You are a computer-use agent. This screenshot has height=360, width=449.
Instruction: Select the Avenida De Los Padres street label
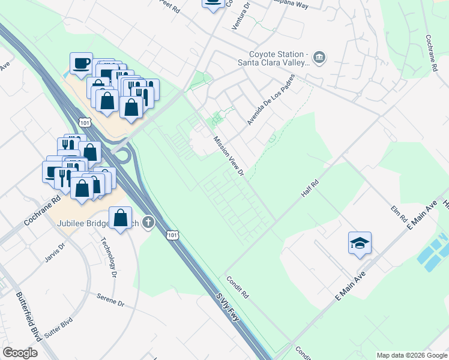271,100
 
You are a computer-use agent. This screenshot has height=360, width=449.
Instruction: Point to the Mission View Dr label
228,155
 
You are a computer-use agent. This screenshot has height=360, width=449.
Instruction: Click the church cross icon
148,223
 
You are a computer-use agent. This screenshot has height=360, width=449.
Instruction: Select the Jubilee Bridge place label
90,224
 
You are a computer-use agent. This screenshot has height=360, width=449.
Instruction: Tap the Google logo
20,353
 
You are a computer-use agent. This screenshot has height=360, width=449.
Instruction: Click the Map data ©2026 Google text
411,355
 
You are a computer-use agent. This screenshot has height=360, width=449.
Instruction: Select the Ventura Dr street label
240,17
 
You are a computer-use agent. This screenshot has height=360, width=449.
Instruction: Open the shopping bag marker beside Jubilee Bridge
121,217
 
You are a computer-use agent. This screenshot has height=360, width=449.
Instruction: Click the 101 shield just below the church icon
172,236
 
